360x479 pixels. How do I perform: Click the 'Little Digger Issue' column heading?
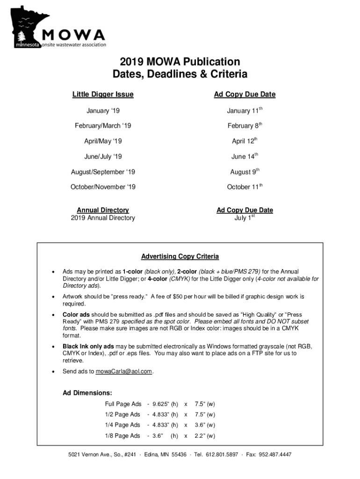[x=103, y=94]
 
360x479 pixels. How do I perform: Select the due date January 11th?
[x=245, y=111]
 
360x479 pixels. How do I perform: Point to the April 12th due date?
[x=245, y=141]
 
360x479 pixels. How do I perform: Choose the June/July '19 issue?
[x=103, y=157]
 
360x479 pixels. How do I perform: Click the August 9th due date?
[x=245, y=172]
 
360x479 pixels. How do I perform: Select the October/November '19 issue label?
[x=103, y=187]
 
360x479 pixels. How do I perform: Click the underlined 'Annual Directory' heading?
[x=103, y=210]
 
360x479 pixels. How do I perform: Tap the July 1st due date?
[x=245, y=218]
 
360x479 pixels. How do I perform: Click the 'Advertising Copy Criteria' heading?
[x=180, y=256]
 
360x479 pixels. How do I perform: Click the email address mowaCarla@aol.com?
[x=124, y=371]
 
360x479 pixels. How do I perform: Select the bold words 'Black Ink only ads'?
[x=88, y=346]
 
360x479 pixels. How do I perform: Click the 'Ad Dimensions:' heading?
[x=87, y=392]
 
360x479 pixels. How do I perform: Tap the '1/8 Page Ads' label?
[x=122, y=435]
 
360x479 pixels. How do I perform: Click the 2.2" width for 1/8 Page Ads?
[x=205, y=435]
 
